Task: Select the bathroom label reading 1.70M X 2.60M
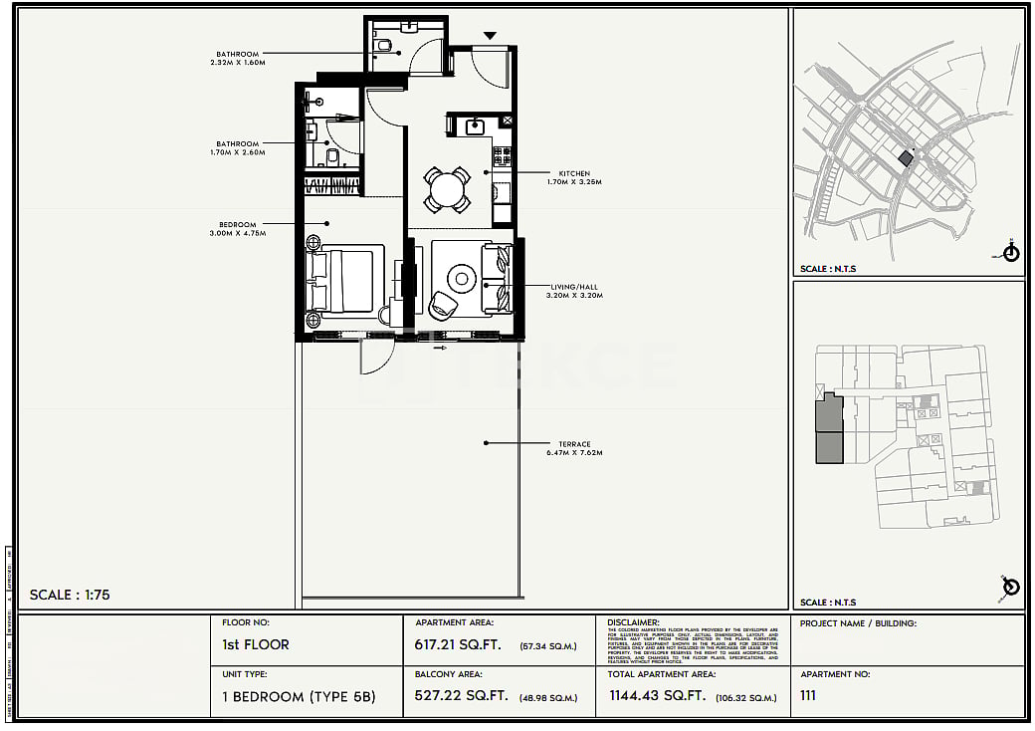point(238,148)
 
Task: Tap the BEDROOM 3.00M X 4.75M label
point(238,228)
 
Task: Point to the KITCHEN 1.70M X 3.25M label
point(573,177)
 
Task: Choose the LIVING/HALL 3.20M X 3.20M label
point(573,291)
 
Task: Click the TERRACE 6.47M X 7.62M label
point(573,448)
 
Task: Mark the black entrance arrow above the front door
point(489,37)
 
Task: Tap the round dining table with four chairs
point(447,189)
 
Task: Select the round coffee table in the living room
point(463,276)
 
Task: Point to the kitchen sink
point(474,125)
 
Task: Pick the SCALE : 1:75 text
point(70,595)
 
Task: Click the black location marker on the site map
point(906,158)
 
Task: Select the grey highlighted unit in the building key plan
point(828,429)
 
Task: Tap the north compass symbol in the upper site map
point(1011,252)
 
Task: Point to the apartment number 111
point(808,696)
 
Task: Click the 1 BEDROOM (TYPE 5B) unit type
point(299,696)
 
